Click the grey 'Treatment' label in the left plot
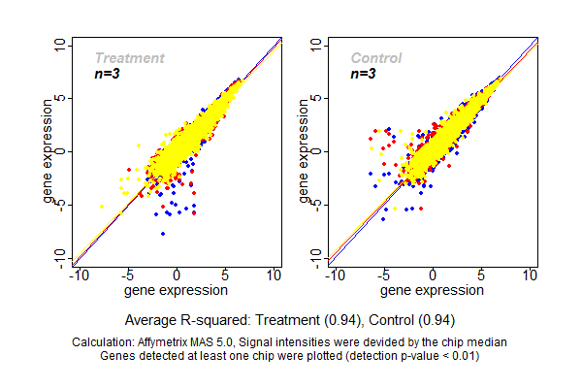(129, 58)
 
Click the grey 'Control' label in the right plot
(376, 58)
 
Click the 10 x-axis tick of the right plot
(531, 275)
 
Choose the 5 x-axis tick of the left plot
(226, 275)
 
